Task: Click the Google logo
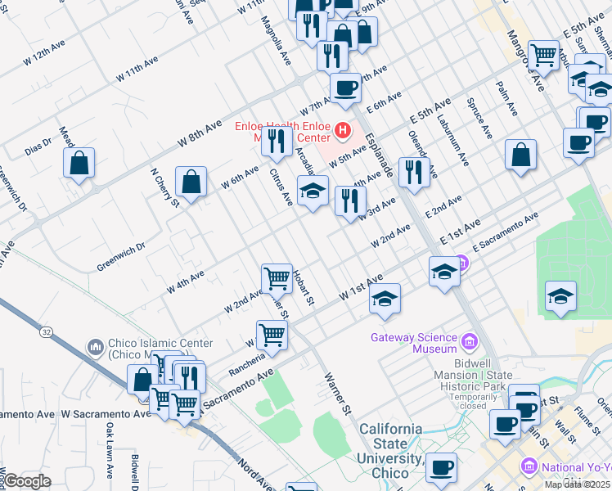pyautogui.click(x=27, y=481)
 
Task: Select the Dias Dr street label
pyautogui.click(x=38, y=146)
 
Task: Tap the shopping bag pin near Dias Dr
pyautogui.click(x=79, y=162)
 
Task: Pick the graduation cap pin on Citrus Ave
pyautogui.click(x=313, y=191)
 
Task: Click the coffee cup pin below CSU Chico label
pyautogui.click(x=441, y=467)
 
